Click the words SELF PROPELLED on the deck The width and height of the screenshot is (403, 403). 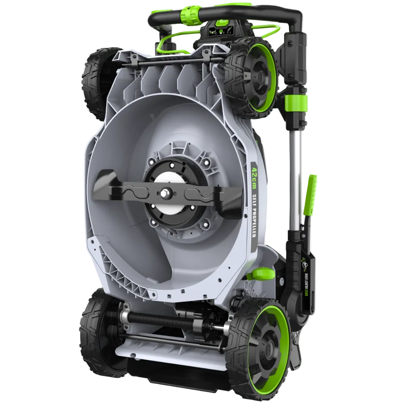(x=254, y=216)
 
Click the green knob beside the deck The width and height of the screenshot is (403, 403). (x=260, y=274)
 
